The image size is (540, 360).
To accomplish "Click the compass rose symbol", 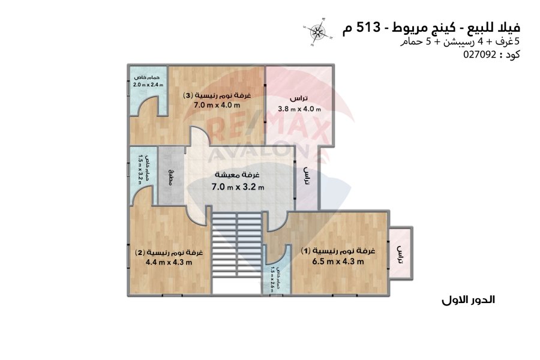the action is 318,32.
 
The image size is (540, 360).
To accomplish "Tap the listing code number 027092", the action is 480,55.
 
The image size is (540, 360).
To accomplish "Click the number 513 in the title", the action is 368,26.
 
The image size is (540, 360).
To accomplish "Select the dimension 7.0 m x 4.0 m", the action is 217,105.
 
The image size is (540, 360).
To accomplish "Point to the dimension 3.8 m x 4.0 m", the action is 299,109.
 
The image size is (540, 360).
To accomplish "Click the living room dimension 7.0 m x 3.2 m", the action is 238,187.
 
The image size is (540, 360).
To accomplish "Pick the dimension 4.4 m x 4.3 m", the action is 169,262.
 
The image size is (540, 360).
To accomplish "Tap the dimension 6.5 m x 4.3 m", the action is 338,262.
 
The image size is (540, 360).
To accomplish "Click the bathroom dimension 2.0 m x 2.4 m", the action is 148,85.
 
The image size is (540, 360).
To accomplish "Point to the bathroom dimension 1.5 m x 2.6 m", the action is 272,280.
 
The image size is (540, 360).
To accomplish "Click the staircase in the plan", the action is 236,253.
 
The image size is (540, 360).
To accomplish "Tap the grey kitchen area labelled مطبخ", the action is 171,176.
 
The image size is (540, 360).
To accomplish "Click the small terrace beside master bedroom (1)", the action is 400,253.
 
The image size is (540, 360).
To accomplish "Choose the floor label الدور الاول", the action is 468,300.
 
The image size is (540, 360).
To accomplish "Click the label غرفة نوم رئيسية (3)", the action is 217,95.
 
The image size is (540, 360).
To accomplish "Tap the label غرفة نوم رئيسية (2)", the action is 169,253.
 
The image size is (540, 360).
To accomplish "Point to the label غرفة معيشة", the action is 237,175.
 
